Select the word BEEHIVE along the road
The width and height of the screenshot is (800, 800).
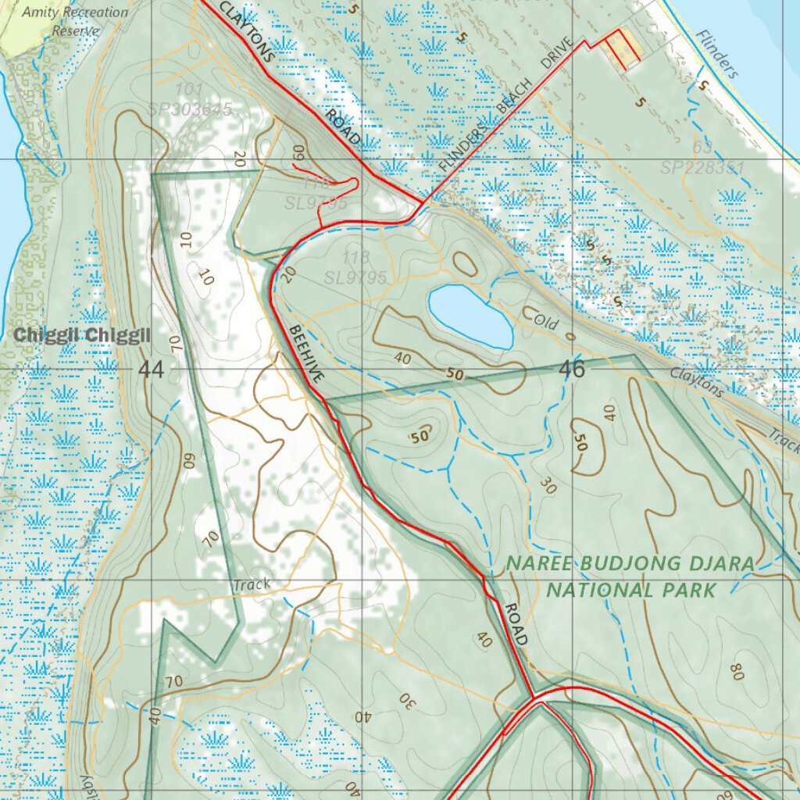(x=306, y=354)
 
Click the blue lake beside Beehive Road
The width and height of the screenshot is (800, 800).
(x=470, y=315)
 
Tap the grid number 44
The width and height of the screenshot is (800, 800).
(x=152, y=370)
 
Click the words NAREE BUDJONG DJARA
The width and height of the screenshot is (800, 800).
(x=630, y=564)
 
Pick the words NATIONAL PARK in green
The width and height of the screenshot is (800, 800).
(x=630, y=589)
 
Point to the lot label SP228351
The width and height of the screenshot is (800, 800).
(x=702, y=167)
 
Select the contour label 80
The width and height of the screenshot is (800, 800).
(x=735, y=670)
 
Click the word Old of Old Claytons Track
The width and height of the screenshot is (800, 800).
(x=538, y=319)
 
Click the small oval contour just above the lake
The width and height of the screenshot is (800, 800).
(x=464, y=263)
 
